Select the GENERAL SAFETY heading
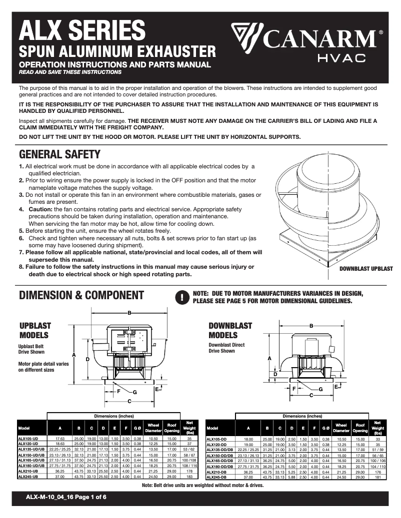tap(59, 154)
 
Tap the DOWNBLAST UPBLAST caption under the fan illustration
tap(366, 269)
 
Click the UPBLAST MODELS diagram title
tap(34, 330)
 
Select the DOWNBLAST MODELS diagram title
tap(230, 330)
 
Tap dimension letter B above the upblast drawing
tap(129, 313)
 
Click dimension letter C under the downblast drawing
tap(310, 395)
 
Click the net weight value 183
tap(189, 477)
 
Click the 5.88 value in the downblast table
tap(292, 477)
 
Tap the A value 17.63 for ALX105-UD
tap(60, 439)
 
